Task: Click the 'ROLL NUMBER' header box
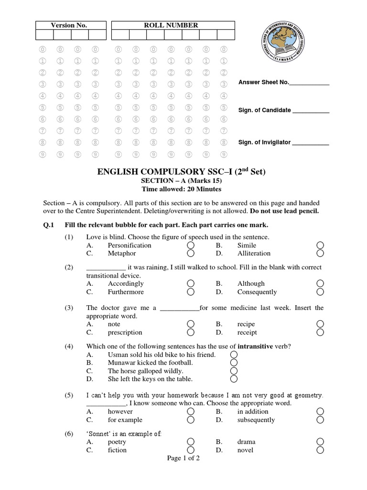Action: [x=171, y=25]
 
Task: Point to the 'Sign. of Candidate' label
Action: [x=264, y=110]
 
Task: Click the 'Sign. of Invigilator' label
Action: [x=264, y=143]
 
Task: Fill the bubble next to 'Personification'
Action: [x=191, y=245]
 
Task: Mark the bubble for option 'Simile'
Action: [x=320, y=245]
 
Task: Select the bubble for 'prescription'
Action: [x=191, y=332]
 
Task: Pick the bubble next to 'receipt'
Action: [x=320, y=332]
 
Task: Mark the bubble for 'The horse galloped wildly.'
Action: [x=234, y=371]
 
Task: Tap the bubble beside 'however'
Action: [x=191, y=411]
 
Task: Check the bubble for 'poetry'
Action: [x=191, y=442]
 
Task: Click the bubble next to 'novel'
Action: [x=320, y=450]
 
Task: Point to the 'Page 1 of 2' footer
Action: [x=183, y=458]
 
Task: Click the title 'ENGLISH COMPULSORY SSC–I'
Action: [x=183, y=172]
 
